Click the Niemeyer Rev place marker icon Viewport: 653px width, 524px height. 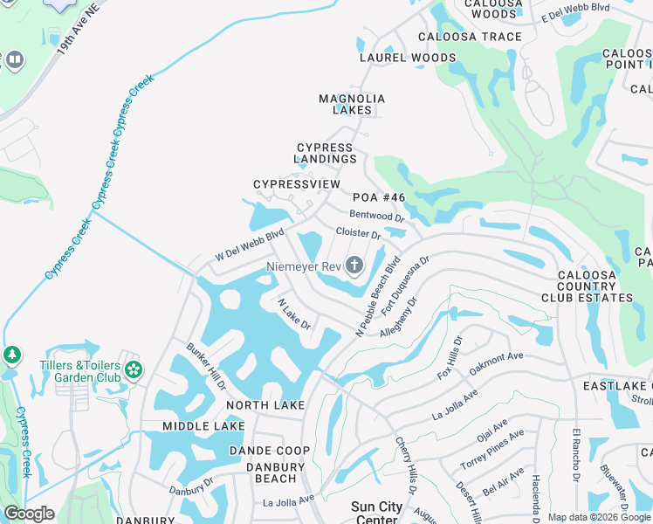point(354,265)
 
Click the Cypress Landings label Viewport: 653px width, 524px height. point(326,154)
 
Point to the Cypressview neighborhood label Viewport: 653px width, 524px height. point(297,184)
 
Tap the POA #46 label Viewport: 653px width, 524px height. point(375,198)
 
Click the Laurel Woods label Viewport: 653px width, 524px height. point(408,58)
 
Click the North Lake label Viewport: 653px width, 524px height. point(265,405)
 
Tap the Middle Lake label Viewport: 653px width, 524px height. point(203,426)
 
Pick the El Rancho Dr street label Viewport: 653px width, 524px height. point(575,455)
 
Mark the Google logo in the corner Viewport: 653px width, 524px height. point(29,514)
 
